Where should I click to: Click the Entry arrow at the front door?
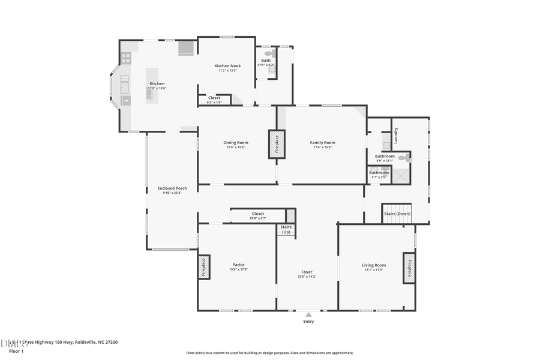(x=308, y=314)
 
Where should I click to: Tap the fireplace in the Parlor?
(x=203, y=267)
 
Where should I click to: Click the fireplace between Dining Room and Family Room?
(x=277, y=145)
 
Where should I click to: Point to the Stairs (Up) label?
(x=286, y=229)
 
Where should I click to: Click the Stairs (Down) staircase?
(x=397, y=214)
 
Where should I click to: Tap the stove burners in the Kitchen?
(x=126, y=58)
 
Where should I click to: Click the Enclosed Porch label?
(x=172, y=188)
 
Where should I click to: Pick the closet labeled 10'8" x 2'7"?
(x=257, y=215)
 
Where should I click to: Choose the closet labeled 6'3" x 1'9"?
(x=214, y=100)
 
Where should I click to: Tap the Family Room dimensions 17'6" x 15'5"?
(x=322, y=147)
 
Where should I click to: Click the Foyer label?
(x=307, y=272)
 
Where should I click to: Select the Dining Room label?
(x=236, y=142)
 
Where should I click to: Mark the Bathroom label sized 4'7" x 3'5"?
(x=379, y=173)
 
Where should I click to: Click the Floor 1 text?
(x=13, y=351)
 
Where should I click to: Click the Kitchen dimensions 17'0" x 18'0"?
(x=157, y=88)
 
